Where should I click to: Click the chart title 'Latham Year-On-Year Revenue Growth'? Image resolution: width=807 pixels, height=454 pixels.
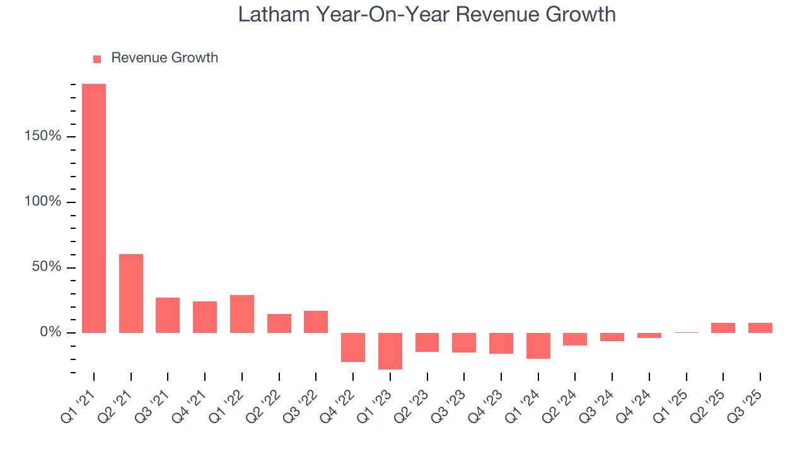(427, 15)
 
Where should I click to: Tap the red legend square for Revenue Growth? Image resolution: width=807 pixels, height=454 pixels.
(97, 59)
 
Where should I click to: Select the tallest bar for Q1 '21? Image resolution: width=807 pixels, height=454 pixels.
(94, 208)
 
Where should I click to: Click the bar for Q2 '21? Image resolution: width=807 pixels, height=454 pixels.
(131, 293)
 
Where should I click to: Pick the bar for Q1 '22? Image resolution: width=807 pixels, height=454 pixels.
(242, 314)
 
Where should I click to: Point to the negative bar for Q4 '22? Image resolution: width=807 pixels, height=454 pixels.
(353, 347)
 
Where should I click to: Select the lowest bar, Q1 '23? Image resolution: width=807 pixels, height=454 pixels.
(390, 351)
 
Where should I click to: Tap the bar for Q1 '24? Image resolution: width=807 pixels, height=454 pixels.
(538, 346)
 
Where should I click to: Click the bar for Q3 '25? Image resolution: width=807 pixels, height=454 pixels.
(760, 328)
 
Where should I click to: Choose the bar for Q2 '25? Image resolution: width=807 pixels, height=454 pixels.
(723, 328)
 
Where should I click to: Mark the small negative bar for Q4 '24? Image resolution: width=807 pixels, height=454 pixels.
(649, 335)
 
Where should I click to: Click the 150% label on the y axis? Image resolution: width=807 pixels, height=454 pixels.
(44, 137)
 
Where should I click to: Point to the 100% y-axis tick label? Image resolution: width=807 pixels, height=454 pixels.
(44, 202)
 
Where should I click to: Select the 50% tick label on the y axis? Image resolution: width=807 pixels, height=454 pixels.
(47, 267)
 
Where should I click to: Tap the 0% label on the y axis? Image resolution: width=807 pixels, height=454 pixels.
(51, 332)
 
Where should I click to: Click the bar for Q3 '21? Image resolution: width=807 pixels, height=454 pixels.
(168, 315)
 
